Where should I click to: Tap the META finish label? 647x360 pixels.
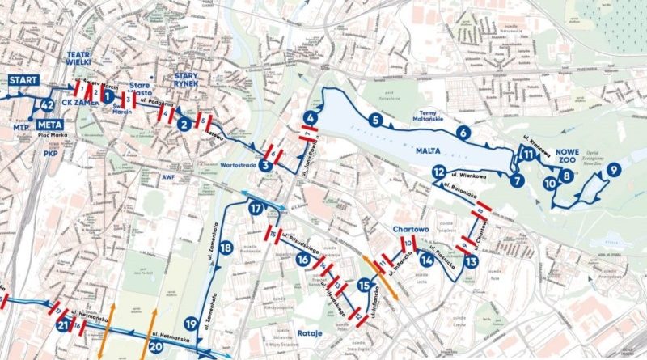(49, 124)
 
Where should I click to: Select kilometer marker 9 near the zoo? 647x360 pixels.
(614, 169)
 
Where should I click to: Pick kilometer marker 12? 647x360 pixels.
(438, 172)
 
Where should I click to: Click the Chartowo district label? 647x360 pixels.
(408, 229)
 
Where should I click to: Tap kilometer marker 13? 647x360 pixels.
(471, 261)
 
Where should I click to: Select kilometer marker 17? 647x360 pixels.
(256, 209)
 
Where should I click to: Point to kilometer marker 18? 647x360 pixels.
(226, 248)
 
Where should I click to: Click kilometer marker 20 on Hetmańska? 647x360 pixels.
(156, 346)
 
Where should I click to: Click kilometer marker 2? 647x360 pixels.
(184, 124)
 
